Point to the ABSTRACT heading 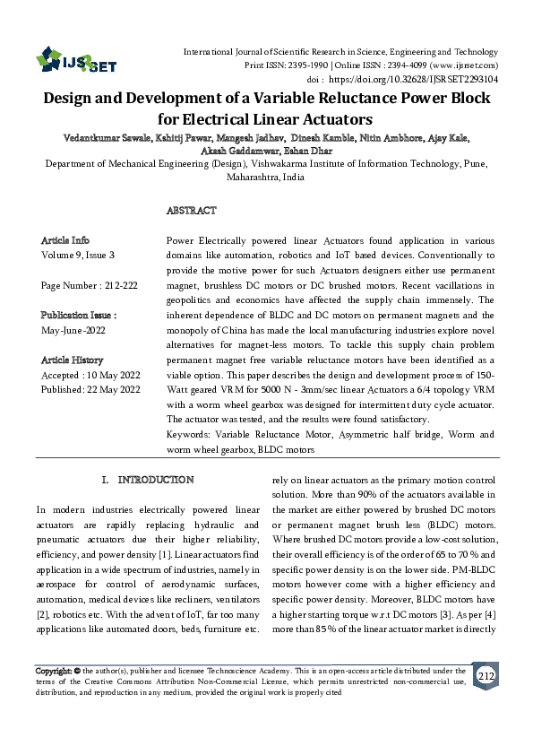point(191,211)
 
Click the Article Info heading point(65,240)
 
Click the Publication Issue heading point(79,316)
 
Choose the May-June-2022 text point(74,330)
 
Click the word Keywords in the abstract point(189,434)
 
